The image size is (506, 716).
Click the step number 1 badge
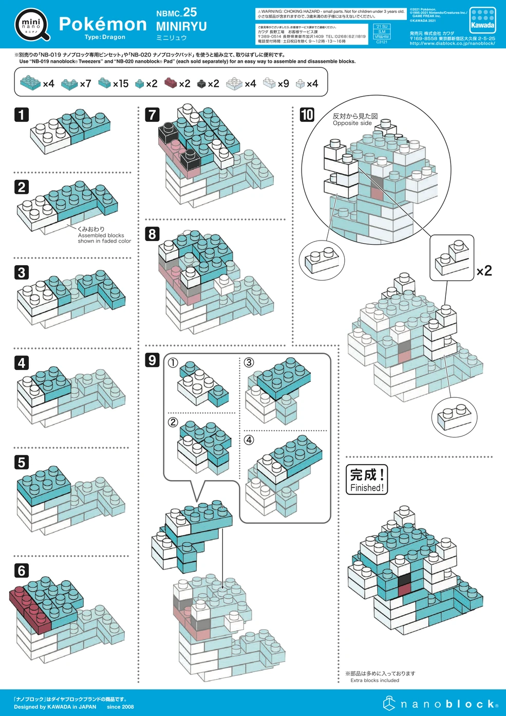click(22, 114)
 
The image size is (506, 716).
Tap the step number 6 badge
click(22, 570)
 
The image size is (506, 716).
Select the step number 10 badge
click(307, 115)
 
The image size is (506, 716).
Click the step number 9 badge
click(152, 360)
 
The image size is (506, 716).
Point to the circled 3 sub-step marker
click(249, 362)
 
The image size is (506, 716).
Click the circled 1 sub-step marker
click(173, 362)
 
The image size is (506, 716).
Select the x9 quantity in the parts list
click(283, 83)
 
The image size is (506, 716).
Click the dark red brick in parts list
click(171, 83)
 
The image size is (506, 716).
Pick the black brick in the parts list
click(201, 83)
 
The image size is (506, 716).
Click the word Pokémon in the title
click(103, 24)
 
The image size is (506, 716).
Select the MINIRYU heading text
click(181, 26)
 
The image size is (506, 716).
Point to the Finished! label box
click(367, 480)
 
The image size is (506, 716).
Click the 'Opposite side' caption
click(352, 123)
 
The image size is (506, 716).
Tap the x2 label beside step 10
click(484, 271)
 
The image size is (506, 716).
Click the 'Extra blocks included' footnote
click(374, 680)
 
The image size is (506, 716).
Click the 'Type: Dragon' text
click(105, 37)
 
